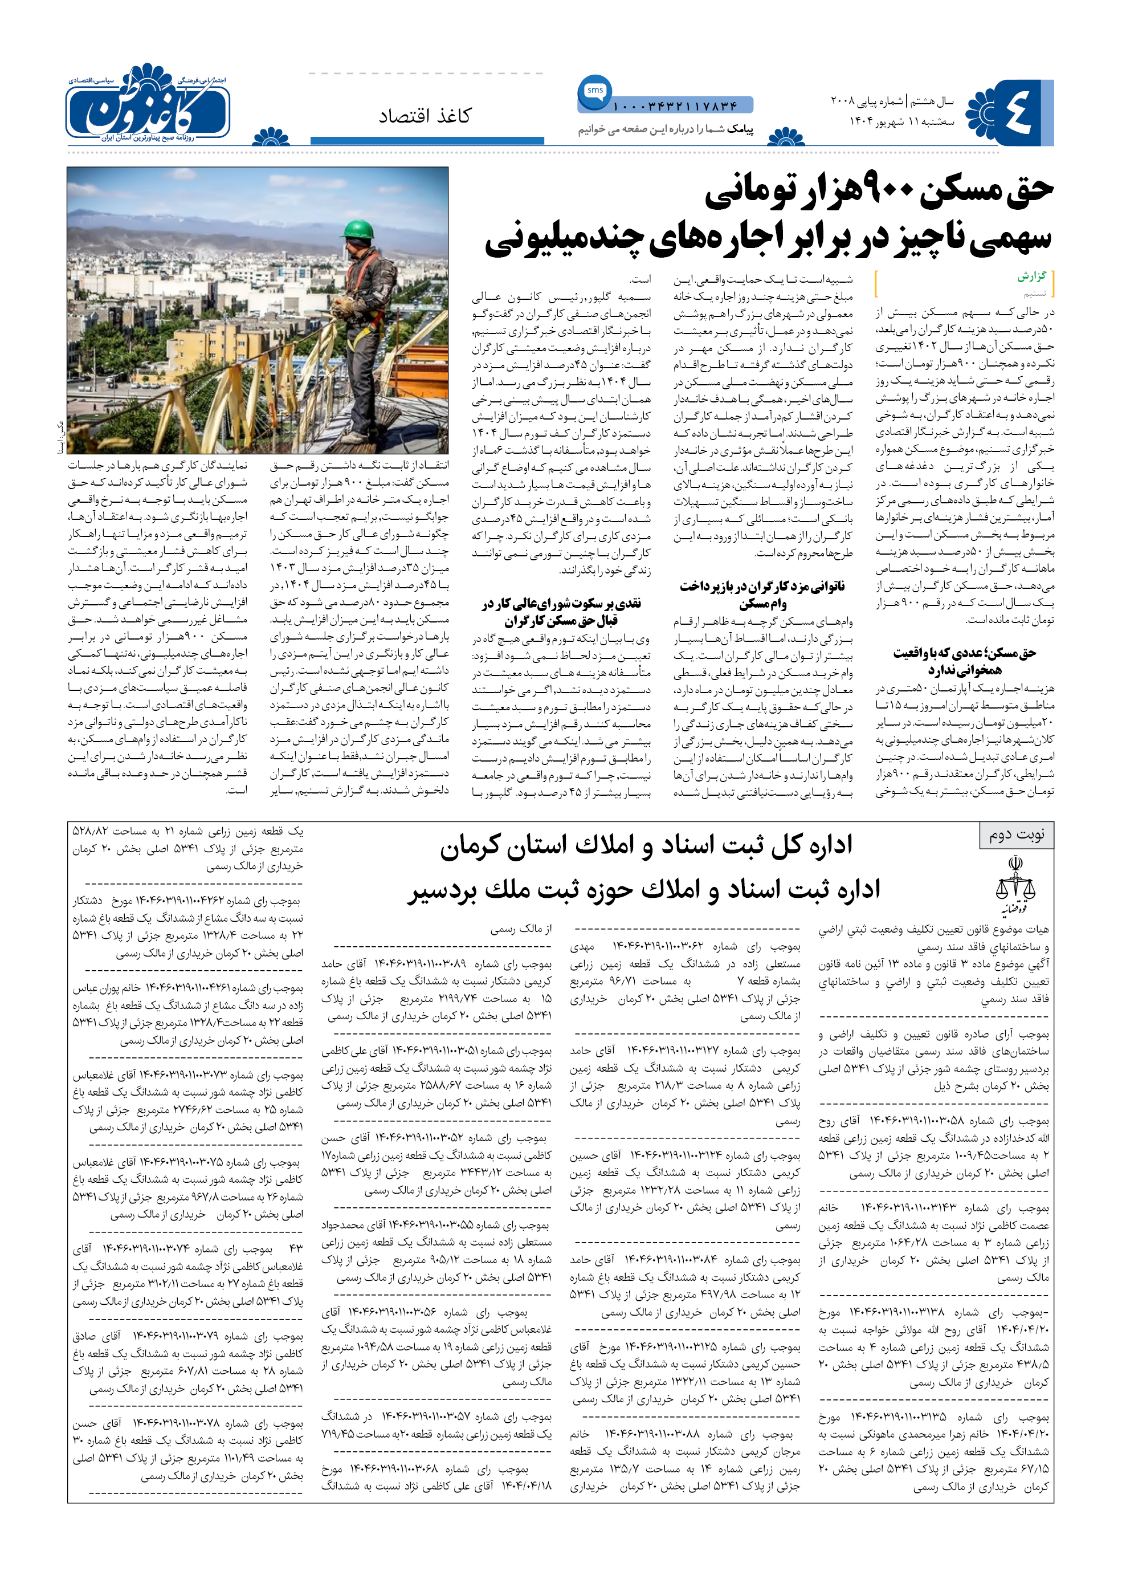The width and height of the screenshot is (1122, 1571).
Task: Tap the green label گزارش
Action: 1031,276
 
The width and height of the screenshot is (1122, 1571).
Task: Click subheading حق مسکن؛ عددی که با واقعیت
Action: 965,653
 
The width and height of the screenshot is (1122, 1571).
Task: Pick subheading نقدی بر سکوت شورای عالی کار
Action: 561,604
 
